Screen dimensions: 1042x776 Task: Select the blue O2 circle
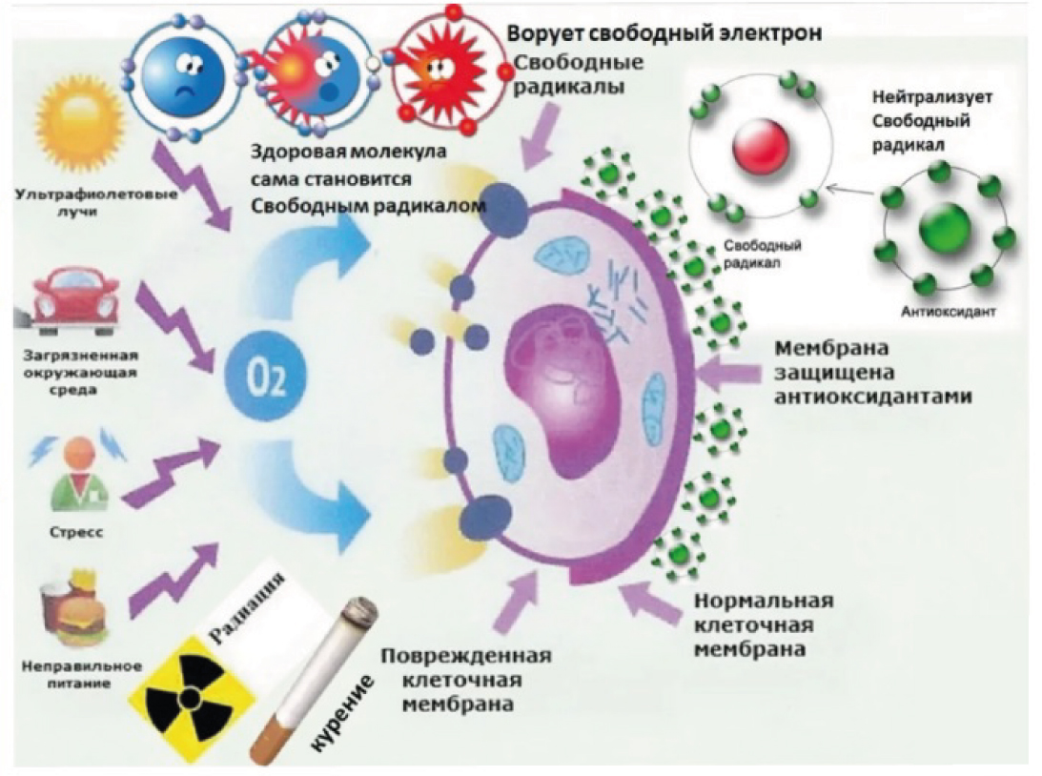(x=266, y=378)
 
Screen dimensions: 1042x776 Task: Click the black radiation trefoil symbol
(x=190, y=697)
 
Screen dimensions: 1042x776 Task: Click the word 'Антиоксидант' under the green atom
(x=949, y=310)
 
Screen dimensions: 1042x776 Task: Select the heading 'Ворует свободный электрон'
(x=664, y=32)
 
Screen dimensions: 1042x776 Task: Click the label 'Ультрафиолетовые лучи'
(x=97, y=203)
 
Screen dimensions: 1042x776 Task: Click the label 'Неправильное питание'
(x=81, y=674)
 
